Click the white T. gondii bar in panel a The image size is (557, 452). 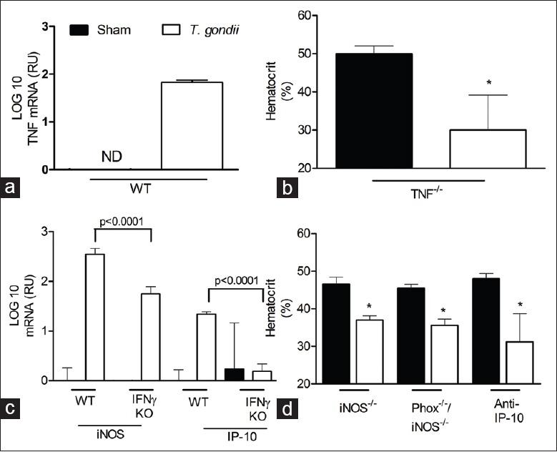(x=192, y=126)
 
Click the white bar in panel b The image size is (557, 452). (x=488, y=149)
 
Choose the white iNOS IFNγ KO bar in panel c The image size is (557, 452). (x=150, y=337)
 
